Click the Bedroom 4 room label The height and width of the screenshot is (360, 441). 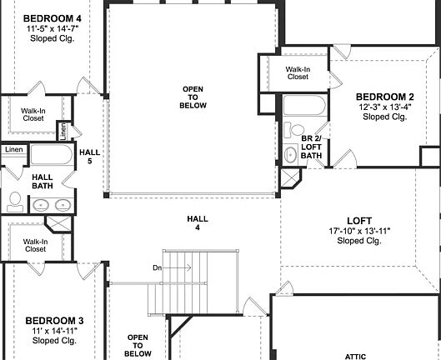tap(53, 17)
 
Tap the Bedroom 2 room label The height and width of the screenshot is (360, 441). tap(384, 97)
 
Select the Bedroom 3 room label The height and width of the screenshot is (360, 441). tap(54, 321)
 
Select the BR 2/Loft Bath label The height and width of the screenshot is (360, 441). tap(312, 147)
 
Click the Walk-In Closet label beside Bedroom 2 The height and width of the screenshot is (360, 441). tap(298, 73)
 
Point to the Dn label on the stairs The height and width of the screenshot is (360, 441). tap(157, 267)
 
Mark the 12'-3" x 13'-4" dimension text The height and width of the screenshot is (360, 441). tap(384, 107)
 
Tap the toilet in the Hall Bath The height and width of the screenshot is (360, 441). tap(15, 200)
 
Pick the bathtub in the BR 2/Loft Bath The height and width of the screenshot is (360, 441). tap(303, 107)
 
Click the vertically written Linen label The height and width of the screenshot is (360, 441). tap(63, 132)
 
